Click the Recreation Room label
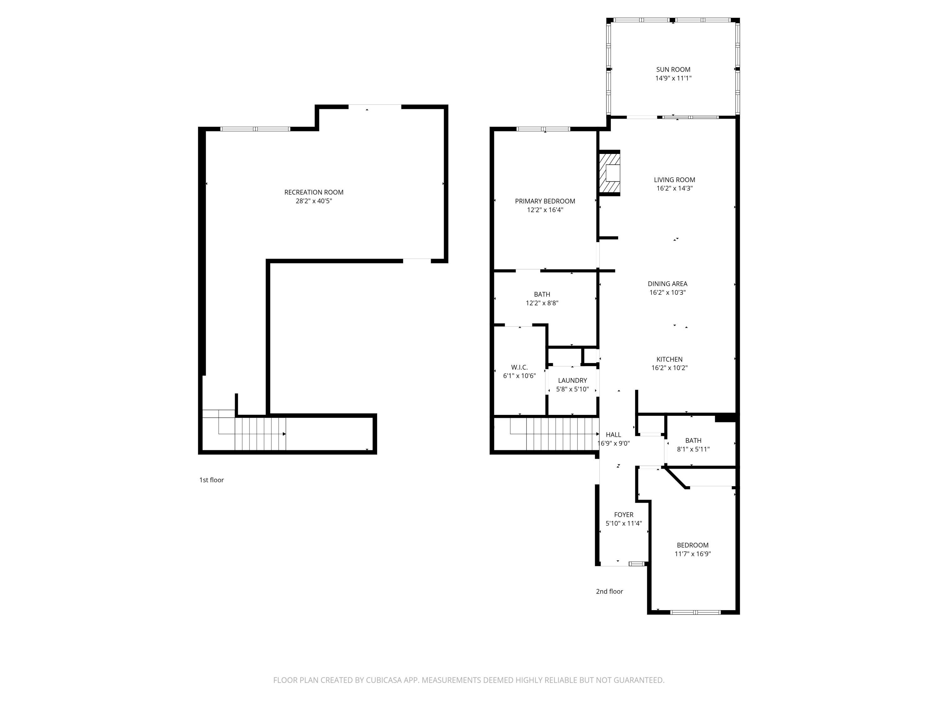point(314,192)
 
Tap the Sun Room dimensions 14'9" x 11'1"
point(673,78)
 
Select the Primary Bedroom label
point(545,201)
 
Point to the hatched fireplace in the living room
point(609,173)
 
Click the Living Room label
point(674,180)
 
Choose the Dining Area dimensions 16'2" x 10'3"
point(668,292)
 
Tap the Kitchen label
point(670,360)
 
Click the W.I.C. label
point(519,368)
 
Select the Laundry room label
point(572,381)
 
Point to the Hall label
point(613,435)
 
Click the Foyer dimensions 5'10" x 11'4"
point(624,524)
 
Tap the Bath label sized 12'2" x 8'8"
point(542,294)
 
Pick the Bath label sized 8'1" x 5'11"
point(693,441)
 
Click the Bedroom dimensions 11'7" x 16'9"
point(693,554)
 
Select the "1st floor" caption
point(212,480)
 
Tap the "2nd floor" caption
point(609,592)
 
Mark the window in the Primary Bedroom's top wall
point(543,129)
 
